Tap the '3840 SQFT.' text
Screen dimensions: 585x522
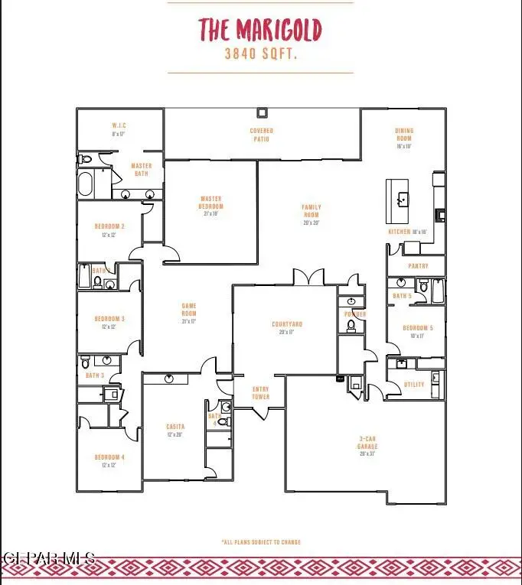click(260, 54)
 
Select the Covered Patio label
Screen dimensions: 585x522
click(261, 135)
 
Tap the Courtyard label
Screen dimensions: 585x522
click(283, 327)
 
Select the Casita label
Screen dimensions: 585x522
click(175, 431)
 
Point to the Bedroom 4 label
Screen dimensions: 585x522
click(109, 461)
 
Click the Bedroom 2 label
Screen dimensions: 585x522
click(109, 230)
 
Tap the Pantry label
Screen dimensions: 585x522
click(418, 266)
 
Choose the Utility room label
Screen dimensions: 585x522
click(414, 385)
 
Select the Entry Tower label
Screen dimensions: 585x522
click(261, 393)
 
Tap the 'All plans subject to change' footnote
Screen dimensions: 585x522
click(260, 542)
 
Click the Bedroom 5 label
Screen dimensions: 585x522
click(418, 331)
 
